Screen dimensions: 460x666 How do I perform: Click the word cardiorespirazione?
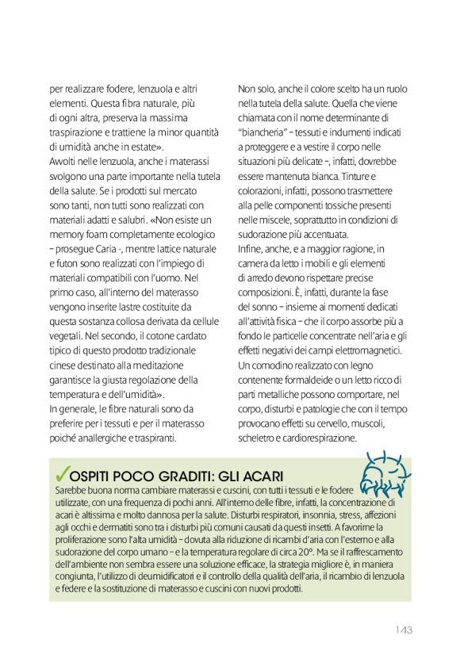tap(320, 438)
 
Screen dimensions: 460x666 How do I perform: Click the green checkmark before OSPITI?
tap(59, 473)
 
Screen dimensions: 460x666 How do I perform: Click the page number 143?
tap(403, 630)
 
